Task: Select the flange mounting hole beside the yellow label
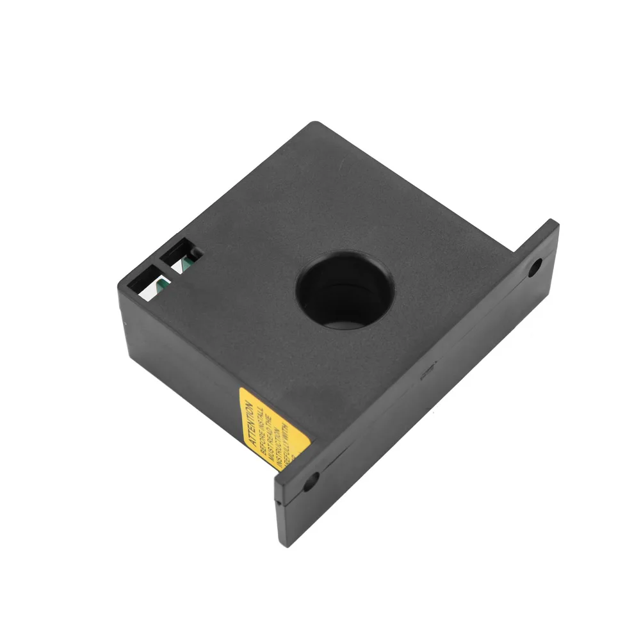pyautogui.click(x=311, y=482)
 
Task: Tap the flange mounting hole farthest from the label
pyautogui.click(x=533, y=268)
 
